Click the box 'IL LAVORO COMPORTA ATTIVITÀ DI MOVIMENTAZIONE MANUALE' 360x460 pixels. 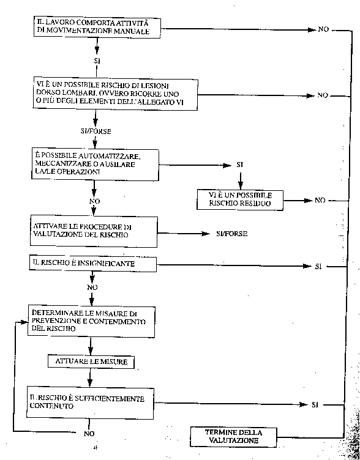pos(97,28)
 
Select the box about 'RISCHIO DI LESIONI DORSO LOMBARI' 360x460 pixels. pos(115,94)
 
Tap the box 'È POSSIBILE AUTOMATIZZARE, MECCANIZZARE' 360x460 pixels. pos(95,165)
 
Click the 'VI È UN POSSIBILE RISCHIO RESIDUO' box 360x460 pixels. pos(240,200)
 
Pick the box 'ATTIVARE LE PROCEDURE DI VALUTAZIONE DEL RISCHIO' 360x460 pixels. pos(94,231)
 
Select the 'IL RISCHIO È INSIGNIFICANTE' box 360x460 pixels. pos(93,264)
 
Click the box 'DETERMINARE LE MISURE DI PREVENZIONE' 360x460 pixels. pos(91,321)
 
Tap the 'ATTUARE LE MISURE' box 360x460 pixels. pos(91,362)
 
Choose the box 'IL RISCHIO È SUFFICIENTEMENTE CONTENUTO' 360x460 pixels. pos(90,403)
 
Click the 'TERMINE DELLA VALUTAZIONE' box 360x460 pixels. pos(233,437)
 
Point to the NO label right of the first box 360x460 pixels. pos(323,29)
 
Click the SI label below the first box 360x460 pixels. pos(96,61)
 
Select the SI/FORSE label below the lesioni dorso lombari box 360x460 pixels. pos(96,131)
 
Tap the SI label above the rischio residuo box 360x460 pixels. pos(240,165)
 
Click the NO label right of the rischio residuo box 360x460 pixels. pos(320,201)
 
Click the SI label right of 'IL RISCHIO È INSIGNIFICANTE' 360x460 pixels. pos(318,267)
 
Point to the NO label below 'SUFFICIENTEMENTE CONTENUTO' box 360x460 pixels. pos(89,434)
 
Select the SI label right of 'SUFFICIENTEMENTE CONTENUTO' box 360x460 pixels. pos(315,405)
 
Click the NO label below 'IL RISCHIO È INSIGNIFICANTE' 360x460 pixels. pos(92,287)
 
